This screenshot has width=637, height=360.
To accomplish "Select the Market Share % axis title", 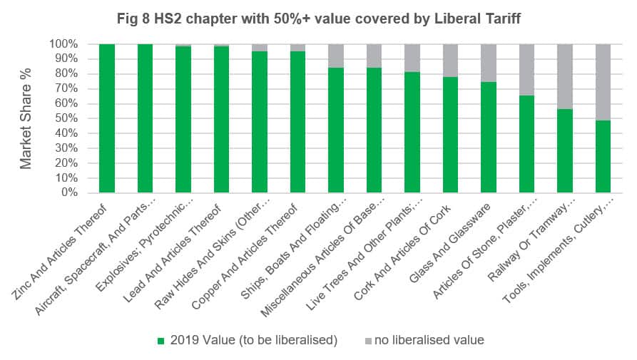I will tap(26, 118).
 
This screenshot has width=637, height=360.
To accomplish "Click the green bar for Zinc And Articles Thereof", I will tap(107, 118).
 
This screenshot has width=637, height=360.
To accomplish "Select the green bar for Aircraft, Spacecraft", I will tap(146, 118).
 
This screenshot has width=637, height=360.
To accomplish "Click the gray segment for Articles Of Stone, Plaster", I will tap(527, 70).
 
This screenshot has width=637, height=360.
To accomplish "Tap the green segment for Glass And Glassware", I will tap(489, 137).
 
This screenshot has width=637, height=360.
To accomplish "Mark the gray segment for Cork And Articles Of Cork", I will tap(450, 61).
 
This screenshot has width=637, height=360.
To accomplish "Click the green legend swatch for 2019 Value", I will tap(160, 341).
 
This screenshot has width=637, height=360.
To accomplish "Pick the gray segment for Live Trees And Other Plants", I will tap(412, 58).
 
